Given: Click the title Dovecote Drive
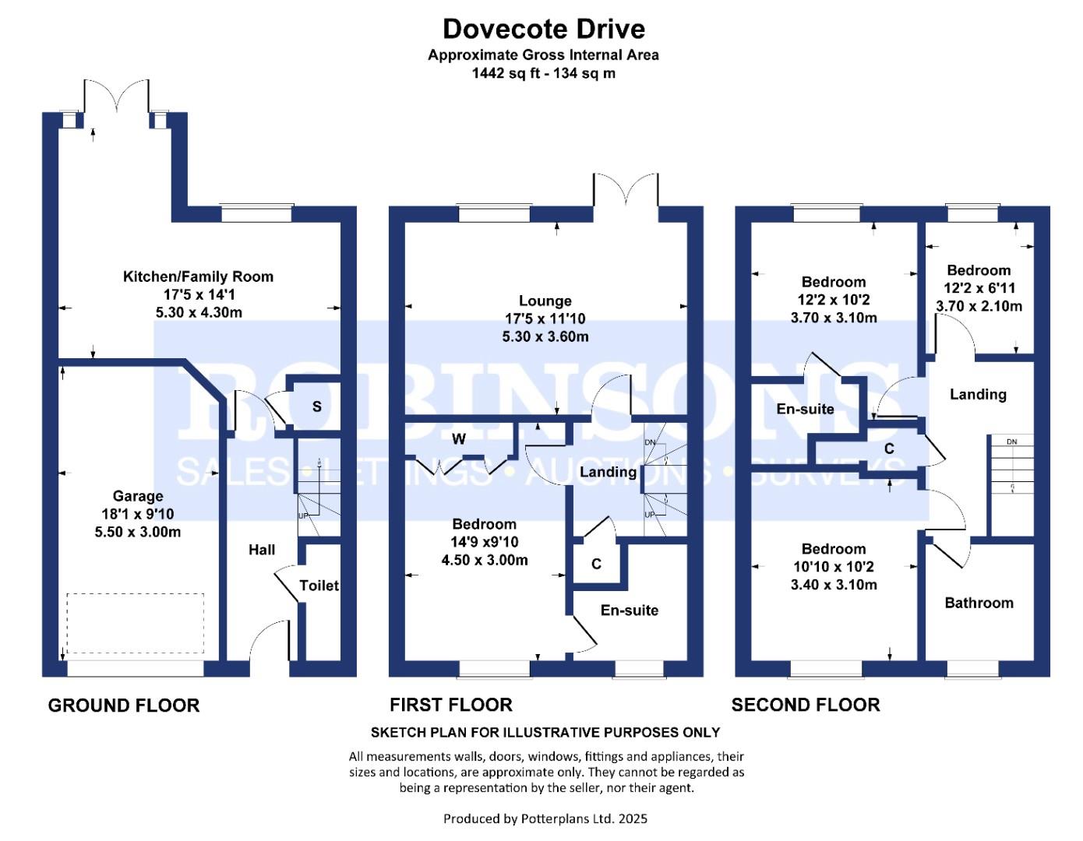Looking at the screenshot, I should [543, 30].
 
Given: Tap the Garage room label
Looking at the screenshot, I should [138, 496].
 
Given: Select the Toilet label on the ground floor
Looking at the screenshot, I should [319, 586].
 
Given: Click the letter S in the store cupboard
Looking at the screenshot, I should [317, 406].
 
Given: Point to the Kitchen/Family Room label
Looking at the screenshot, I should [198, 276].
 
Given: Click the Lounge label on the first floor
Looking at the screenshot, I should [545, 301].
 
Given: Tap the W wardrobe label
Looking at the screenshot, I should [459, 439].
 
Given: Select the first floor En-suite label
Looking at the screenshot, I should [629, 611].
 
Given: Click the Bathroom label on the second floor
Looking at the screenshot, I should [979, 603].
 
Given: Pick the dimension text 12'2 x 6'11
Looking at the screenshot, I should [979, 288].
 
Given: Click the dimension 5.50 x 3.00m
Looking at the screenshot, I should [138, 533].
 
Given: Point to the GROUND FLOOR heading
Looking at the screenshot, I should [124, 706].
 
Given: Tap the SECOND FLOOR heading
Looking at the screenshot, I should [806, 706].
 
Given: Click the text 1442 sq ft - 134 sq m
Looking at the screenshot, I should [543, 74].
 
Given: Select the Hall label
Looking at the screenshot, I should [262, 550].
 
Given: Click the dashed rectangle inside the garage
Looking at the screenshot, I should [135, 624].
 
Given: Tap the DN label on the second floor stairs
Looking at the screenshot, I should [1011, 442].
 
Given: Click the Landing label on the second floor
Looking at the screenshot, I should [978, 395].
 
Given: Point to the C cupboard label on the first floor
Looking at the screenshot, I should [596, 564].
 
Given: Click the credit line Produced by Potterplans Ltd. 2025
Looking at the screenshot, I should [545, 818].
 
